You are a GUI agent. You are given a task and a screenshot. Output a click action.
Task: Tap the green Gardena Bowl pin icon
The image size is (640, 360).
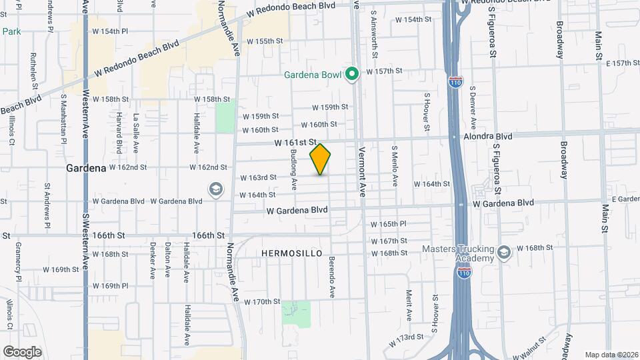352,74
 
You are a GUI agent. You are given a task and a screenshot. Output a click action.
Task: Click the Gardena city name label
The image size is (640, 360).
87,169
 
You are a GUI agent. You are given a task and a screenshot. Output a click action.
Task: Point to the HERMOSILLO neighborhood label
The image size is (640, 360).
291,253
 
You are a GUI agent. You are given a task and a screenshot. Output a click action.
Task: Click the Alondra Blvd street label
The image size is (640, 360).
487,136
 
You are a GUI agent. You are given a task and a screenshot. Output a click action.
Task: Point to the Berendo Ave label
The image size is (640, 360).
331,275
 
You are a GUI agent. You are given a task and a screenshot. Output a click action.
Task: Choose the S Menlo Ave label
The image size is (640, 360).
395,166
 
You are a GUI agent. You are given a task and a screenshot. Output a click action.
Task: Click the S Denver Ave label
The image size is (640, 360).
472,107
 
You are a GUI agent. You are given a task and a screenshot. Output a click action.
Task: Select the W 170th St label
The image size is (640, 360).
262,302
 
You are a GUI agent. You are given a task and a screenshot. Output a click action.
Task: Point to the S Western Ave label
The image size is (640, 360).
85,244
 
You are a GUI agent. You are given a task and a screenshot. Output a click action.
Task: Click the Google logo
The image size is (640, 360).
22,352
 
